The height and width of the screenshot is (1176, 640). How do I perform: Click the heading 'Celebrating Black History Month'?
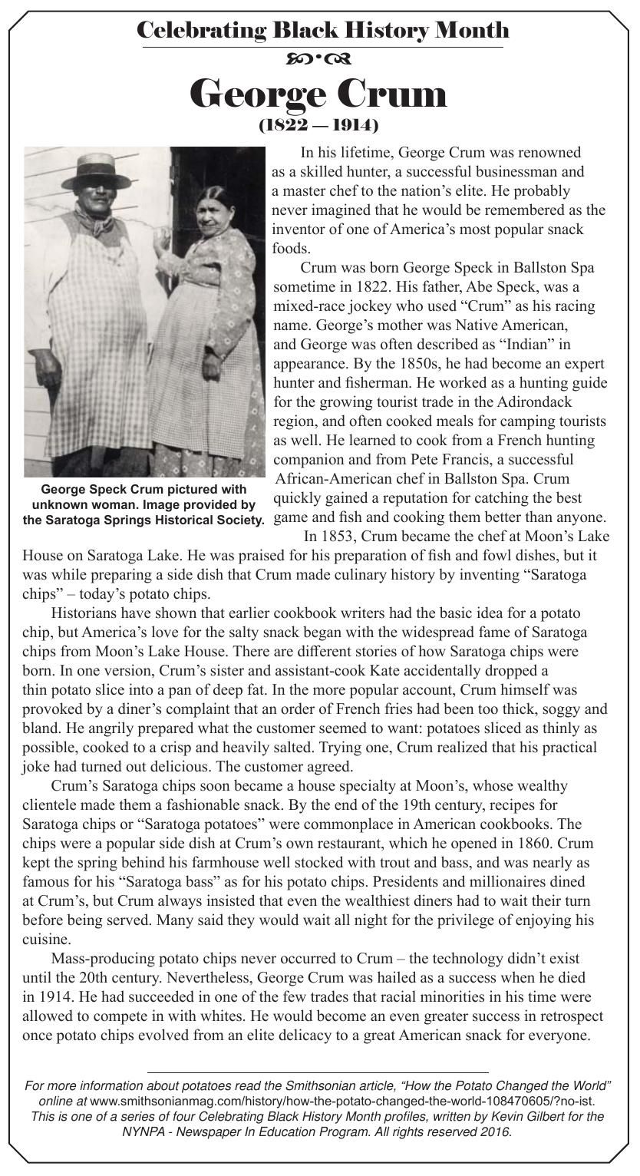point(322,31)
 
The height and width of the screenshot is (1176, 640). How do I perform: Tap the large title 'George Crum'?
point(318,94)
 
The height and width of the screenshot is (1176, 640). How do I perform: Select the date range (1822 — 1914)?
point(318,124)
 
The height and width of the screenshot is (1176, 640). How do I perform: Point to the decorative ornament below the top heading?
point(318,59)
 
